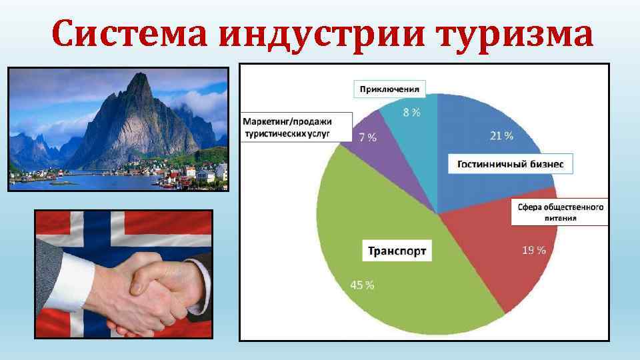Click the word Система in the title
click(x=129, y=35)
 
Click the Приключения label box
click(x=389, y=88)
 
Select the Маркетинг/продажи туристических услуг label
click(x=297, y=127)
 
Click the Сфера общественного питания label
click(x=560, y=212)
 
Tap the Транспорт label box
click(x=397, y=251)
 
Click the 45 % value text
click(x=362, y=285)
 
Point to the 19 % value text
click(x=533, y=251)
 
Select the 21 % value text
click(x=501, y=136)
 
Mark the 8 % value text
click(x=411, y=113)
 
